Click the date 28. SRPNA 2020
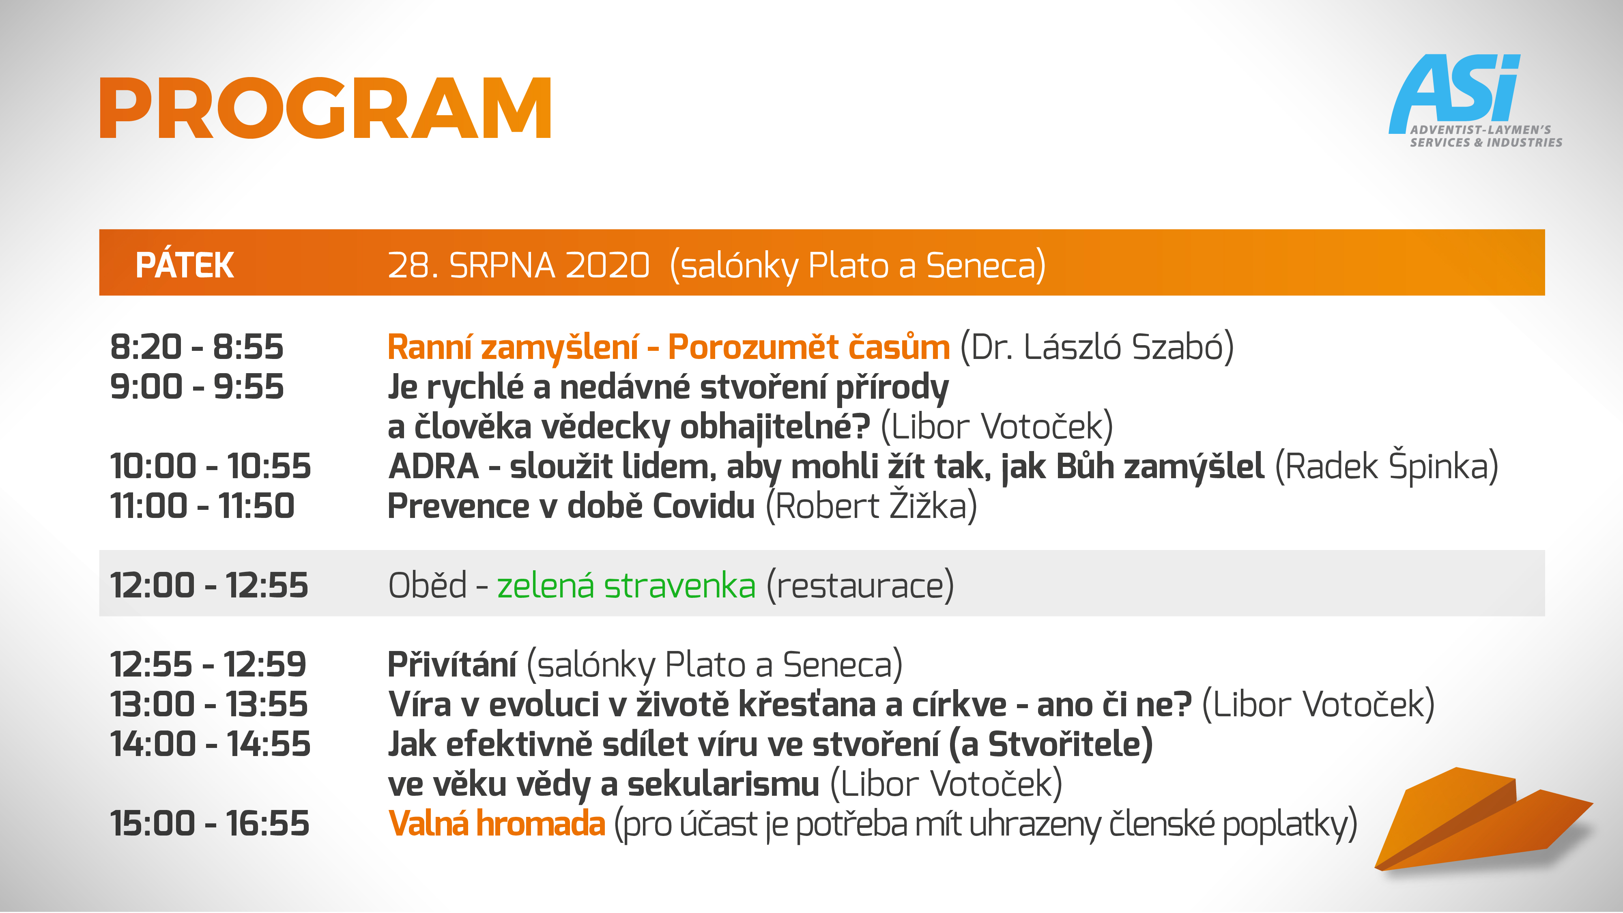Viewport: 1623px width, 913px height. coord(518,265)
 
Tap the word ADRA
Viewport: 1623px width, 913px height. coord(434,466)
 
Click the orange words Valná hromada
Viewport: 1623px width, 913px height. coord(497,823)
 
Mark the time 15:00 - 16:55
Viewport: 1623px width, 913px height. coord(210,823)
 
